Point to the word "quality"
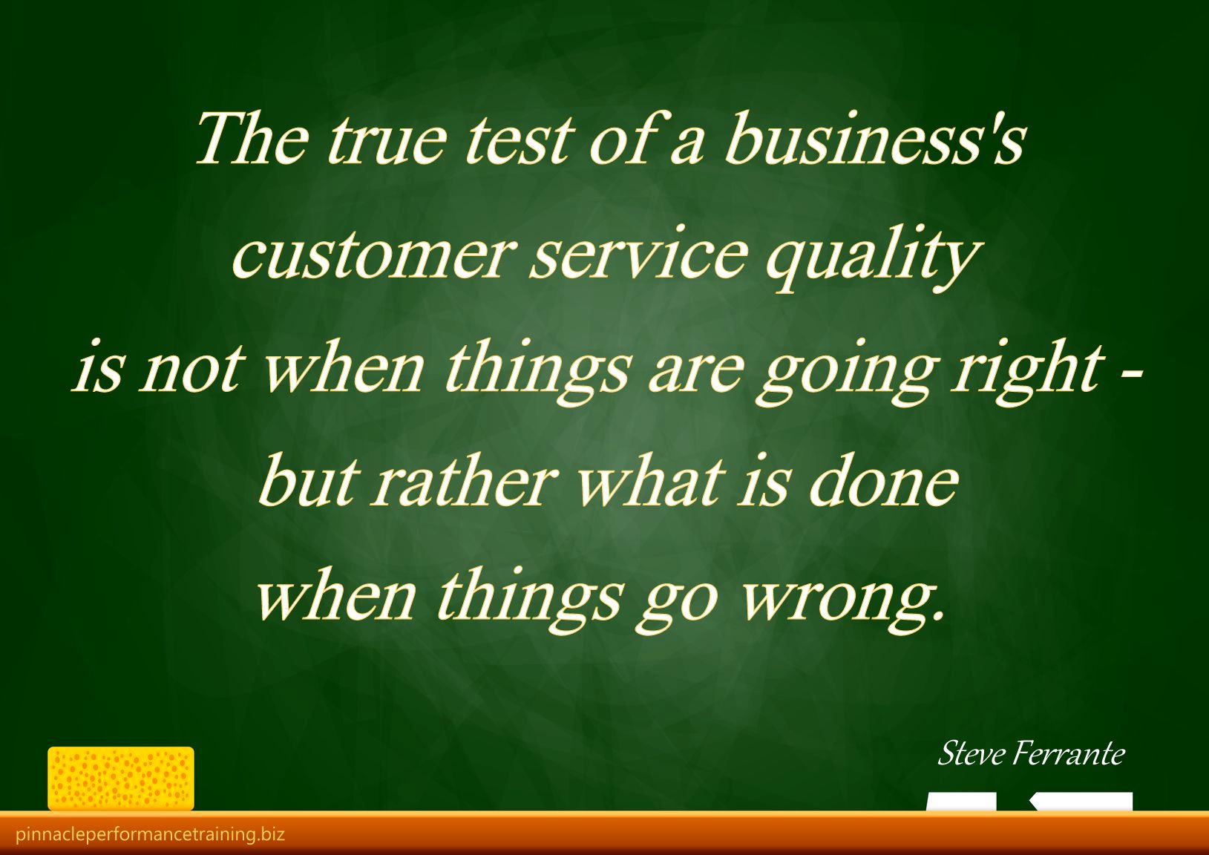pyautogui.click(x=871, y=258)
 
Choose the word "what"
pyautogui.click(x=650, y=479)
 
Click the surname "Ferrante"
pyautogui.click(x=1069, y=753)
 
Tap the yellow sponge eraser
pyautogui.click(x=121, y=779)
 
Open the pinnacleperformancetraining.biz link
pyautogui.click(x=150, y=834)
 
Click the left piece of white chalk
pyautogui.click(x=961, y=801)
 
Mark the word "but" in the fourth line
pyautogui.click(x=309, y=479)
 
